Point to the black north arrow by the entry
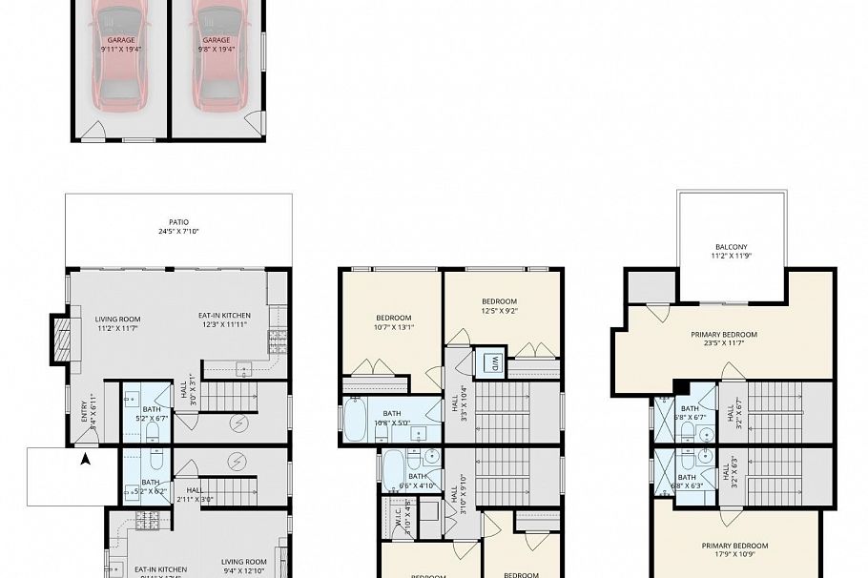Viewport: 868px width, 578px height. pos(86,460)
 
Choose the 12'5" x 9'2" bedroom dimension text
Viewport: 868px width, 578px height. pos(499,310)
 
